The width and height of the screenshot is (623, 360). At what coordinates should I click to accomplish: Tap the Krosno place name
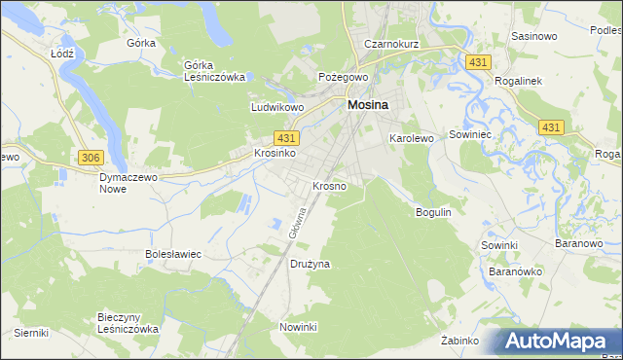click(x=328, y=185)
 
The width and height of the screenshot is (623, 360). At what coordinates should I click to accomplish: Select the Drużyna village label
click(x=311, y=264)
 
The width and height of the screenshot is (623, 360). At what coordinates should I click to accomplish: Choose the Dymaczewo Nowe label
click(x=128, y=183)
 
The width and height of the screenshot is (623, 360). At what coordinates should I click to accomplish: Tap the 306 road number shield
click(x=91, y=158)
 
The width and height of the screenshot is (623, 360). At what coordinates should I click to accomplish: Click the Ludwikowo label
click(x=277, y=108)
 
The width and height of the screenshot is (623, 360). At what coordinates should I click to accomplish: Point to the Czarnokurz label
click(x=390, y=44)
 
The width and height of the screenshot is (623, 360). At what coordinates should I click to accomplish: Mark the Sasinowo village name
click(x=533, y=36)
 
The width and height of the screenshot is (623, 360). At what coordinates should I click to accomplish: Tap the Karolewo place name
click(x=411, y=139)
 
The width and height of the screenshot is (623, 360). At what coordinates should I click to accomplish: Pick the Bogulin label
click(x=434, y=211)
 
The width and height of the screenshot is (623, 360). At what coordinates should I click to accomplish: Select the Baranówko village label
click(x=518, y=271)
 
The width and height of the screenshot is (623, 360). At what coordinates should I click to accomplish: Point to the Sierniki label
click(x=31, y=333)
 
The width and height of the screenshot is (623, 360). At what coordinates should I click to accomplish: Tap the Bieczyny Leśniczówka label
click(x=128, y=323)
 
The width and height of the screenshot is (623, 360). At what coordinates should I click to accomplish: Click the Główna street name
click(x=298, y=222)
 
